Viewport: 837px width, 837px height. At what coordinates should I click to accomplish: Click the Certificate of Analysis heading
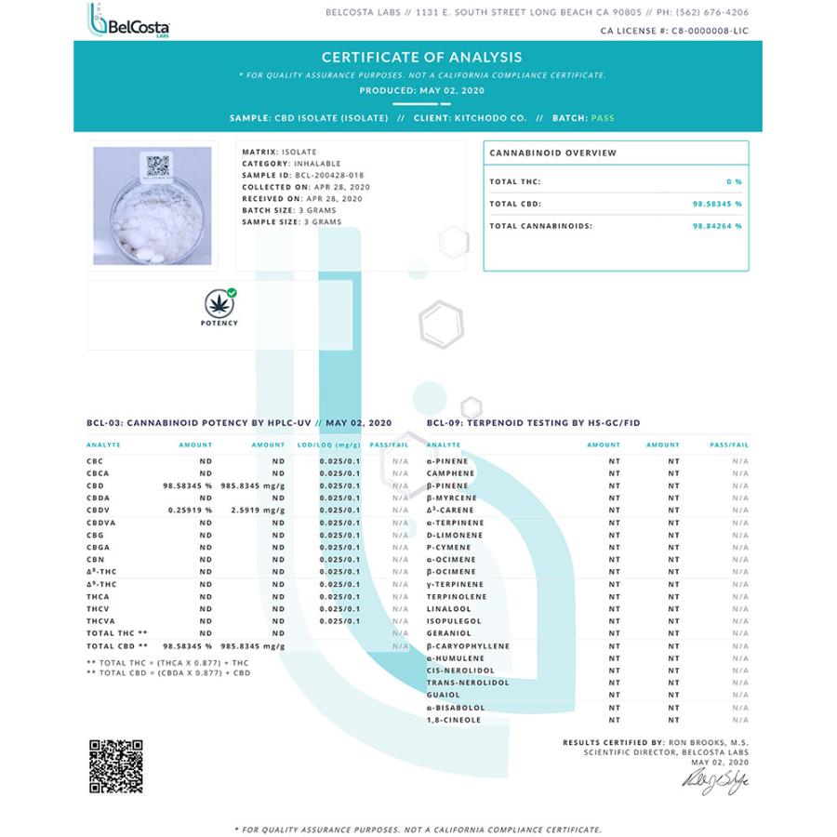421,57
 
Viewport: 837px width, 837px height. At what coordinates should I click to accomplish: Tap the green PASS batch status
603,118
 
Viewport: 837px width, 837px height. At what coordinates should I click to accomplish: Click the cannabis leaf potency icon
219,302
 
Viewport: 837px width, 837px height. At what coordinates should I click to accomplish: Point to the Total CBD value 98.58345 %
716,204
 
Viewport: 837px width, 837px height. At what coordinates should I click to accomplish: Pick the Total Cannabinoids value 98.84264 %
716,226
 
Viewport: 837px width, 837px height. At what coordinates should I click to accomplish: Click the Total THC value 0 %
734,181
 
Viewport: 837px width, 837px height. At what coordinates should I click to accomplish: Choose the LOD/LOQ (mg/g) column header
328,445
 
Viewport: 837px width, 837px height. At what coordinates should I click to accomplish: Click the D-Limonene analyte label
450,535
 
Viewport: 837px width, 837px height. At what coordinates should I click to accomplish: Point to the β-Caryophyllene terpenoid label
468,645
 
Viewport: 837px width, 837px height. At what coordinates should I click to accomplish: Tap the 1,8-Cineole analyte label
454,719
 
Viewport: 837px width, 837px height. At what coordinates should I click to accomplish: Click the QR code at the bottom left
115,766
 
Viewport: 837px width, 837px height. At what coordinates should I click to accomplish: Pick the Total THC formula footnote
164,662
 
